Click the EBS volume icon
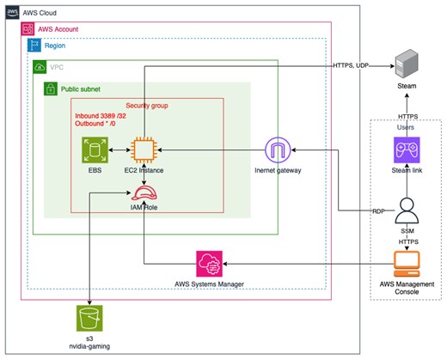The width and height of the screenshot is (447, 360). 95,150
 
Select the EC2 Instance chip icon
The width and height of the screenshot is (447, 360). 144,150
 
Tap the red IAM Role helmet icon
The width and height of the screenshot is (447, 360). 144,193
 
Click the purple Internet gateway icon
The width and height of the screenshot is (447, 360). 278,150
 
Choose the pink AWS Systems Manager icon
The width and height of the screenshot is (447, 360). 209,264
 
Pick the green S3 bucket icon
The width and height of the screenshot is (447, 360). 89,318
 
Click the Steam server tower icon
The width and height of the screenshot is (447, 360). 407,64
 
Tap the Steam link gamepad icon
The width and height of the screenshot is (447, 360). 407,150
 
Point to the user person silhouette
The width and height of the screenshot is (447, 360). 407,211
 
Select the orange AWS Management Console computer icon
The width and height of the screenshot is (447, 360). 407,264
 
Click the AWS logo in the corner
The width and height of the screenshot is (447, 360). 12,12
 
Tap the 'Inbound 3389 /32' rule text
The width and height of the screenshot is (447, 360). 101,116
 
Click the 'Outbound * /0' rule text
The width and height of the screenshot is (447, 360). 95,124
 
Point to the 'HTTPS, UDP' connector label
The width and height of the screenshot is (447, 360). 351,65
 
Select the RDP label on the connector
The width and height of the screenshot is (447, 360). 378,211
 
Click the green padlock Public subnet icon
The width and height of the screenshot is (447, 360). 51,88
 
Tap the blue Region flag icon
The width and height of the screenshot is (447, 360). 34,46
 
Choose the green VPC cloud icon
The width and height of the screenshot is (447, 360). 40,67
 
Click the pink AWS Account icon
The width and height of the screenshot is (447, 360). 28,29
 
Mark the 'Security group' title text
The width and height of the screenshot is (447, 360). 147,106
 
